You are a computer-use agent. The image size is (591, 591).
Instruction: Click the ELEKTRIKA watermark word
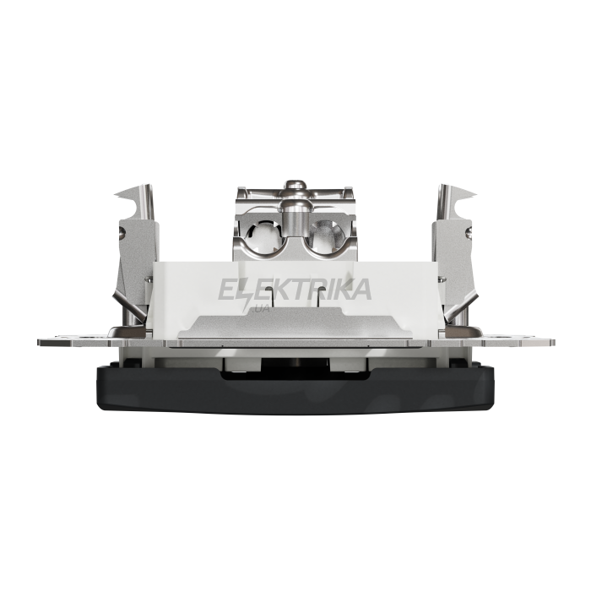(295, 290)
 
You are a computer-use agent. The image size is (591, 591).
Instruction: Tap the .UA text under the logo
(260, 309)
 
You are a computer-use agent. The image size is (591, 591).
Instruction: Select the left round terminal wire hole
(263, 236)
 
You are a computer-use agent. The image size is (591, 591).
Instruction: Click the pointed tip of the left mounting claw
(115, 194)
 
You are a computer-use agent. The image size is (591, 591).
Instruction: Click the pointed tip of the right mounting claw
(476, 194)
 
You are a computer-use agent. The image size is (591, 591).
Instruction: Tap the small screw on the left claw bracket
(122, 233)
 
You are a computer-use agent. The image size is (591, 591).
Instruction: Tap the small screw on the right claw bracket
(469, 233)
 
